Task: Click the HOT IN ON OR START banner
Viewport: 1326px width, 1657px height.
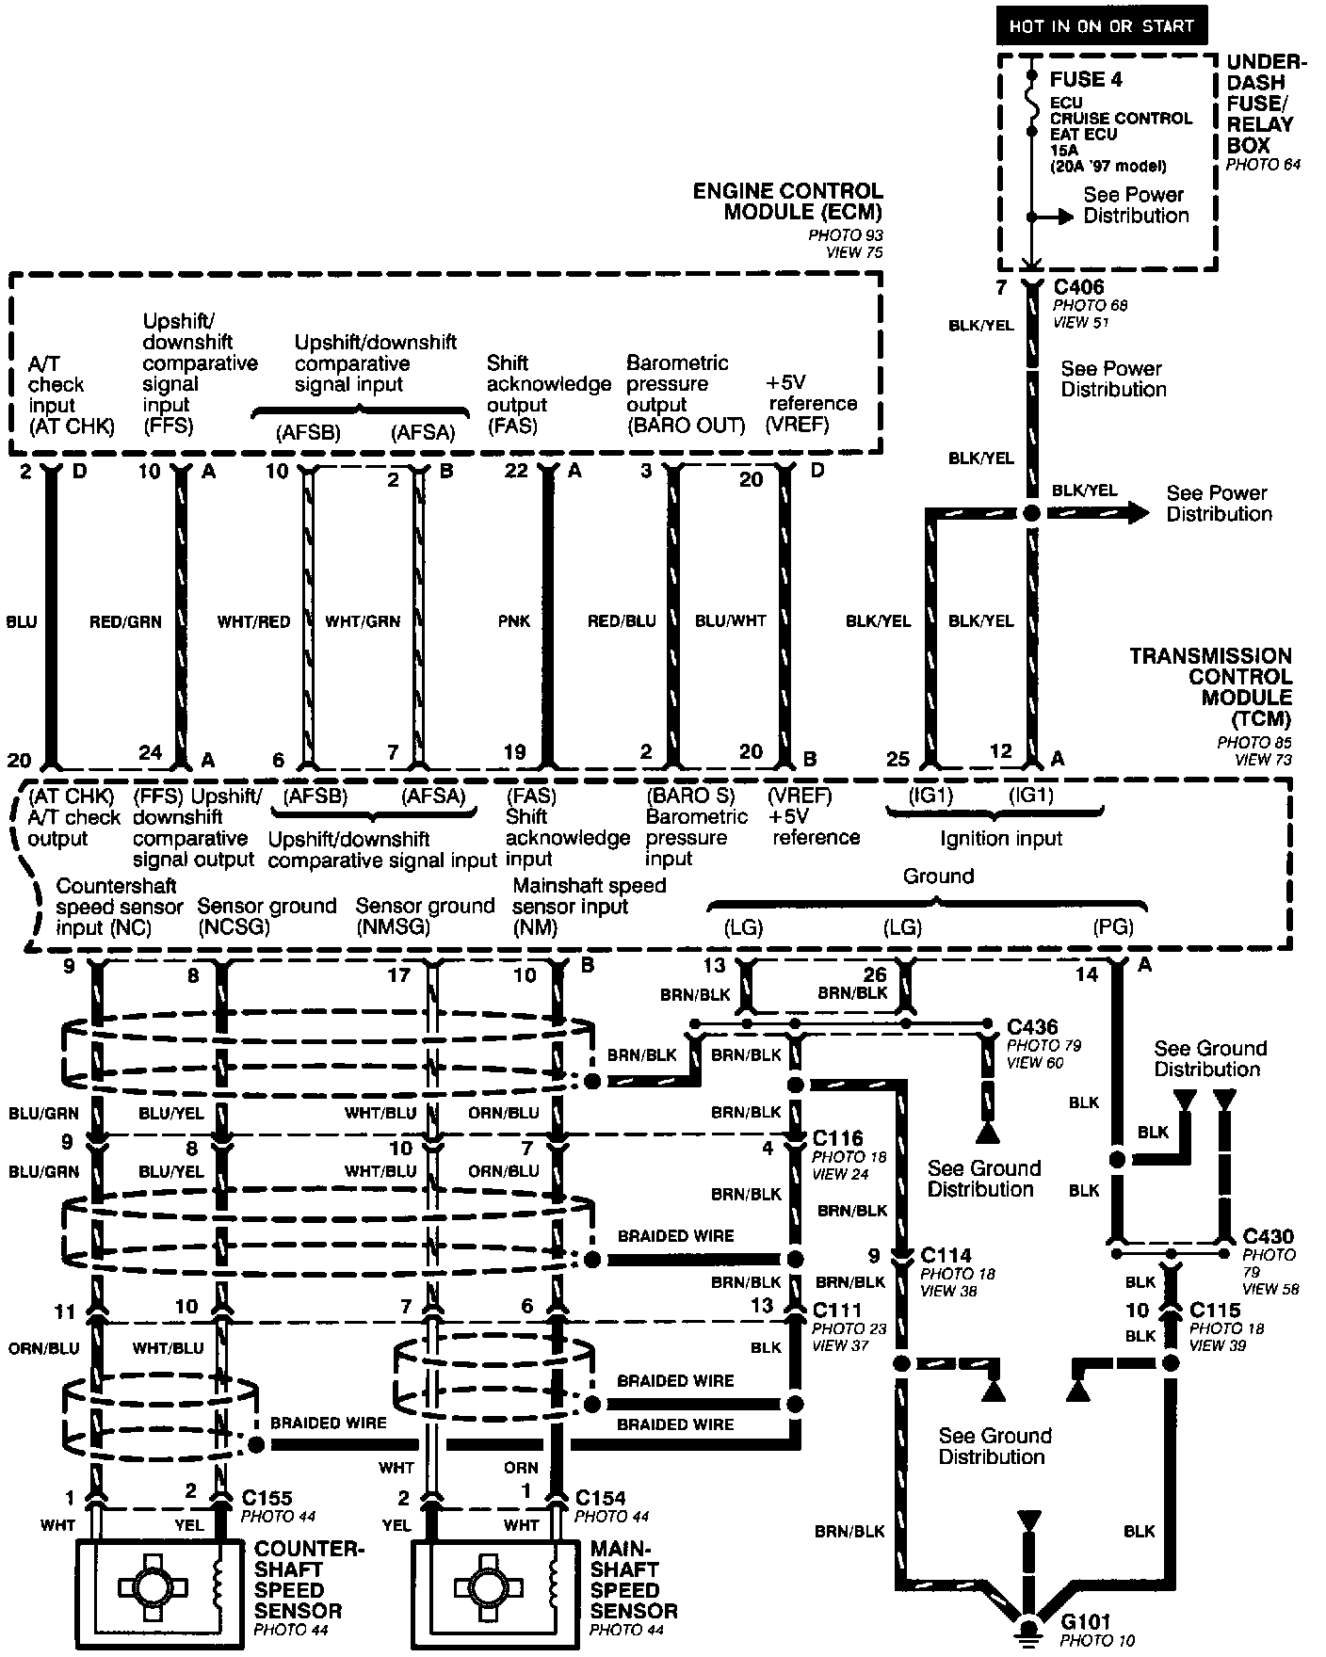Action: (x=1102, y=25)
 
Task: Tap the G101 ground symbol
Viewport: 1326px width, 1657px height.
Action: (x=1029, y=1630)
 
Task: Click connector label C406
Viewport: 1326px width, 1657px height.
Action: (x=1078, y=287)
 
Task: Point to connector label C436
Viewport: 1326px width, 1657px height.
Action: (x=1032, y=1027)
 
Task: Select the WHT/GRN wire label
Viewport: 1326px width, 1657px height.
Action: (x=363, y=621)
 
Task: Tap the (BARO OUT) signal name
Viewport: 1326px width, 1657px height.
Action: (x=686, y=426)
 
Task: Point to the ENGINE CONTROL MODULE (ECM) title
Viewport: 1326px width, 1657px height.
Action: (x=788, y=201)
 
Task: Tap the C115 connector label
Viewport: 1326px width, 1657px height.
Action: (x=1215, y=1310)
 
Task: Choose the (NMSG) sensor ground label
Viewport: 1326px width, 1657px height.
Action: (x=393, y=927)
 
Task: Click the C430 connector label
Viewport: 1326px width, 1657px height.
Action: (x=1268, y=1236)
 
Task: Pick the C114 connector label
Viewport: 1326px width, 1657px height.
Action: (x=946, y=1255)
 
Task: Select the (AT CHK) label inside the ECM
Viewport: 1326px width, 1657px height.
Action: (x=72, y=426)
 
